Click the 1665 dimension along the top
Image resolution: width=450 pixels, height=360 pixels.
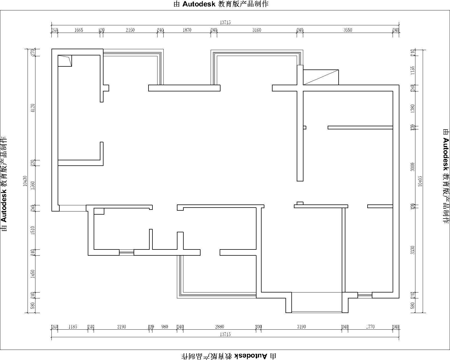[x=79, y=30]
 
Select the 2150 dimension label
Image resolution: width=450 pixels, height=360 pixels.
[x=130, y=30]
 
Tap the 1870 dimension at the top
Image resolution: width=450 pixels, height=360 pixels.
[x=187, y=30]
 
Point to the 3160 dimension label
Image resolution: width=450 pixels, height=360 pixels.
[x=256, y=30]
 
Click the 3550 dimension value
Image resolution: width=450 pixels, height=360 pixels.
[x=348, y=30]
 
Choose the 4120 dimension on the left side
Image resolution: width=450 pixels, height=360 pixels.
[x=33, y=108]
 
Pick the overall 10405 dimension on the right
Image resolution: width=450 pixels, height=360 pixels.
[x=420, y=181]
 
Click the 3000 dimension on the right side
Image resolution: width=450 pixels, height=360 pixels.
[x=413, y=167]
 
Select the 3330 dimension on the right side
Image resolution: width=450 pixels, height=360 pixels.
[x=413, y=250]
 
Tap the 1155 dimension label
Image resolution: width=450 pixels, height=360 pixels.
[x=413, y=70]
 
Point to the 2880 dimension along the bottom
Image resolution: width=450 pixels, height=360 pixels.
[x=219, y=327]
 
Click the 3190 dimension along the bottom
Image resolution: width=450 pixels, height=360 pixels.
[x=301, y=327]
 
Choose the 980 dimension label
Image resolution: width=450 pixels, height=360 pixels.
[x=165, y=327]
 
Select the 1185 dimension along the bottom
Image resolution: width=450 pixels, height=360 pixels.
[x=73, y=327]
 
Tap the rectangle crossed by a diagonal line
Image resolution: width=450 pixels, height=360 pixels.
[x=321, y=77]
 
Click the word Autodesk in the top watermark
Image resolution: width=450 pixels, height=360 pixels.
[x=199, y=4]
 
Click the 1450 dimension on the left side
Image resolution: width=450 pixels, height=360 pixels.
[x=33, y=274]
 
